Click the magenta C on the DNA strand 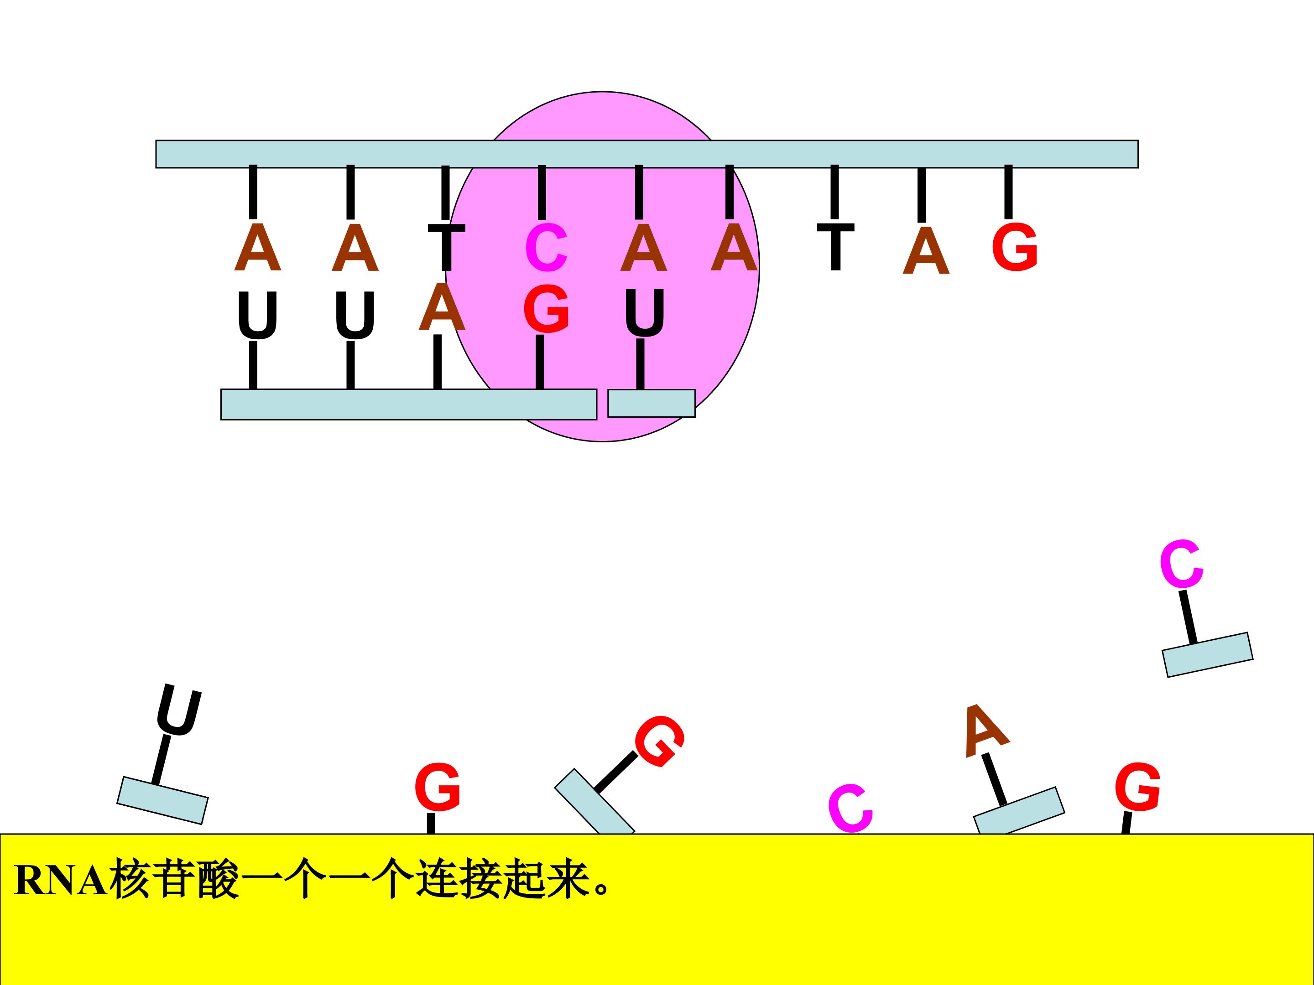click(546, 248)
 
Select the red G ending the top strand click(1015, 247)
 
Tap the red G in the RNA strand click(546, 309)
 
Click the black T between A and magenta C click(446, 247)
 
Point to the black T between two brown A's click(835, 247)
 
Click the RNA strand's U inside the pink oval click(645, 313)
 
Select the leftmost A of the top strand click(257, 247)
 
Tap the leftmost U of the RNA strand click(257, 315)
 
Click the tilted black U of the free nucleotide click(179, 710)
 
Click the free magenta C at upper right click(1182, 564)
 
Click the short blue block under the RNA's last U click(651, 403)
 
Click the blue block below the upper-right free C click(1208, 655)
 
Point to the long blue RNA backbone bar click(409, 404)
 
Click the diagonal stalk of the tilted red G click(616, 772)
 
